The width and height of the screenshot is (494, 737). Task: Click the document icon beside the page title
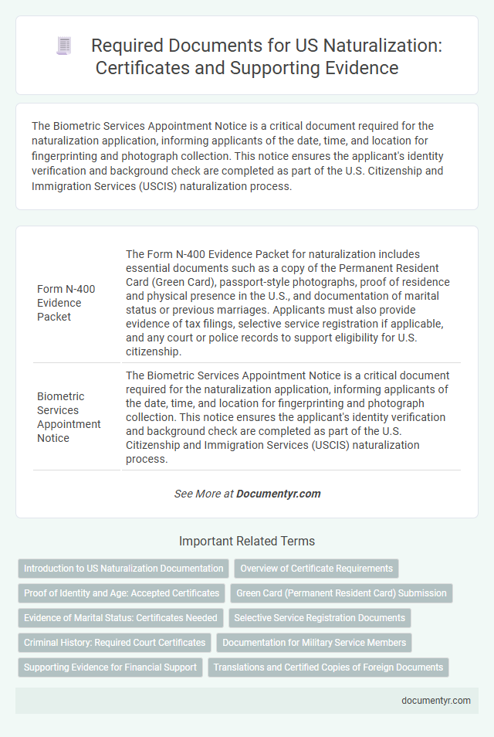click(x=63, y=46)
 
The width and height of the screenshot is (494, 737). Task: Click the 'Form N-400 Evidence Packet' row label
click(x=66, y=302)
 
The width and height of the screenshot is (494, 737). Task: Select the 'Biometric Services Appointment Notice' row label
click(x=69, y=417)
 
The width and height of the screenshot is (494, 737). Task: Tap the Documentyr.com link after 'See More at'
click(x=278, y=494)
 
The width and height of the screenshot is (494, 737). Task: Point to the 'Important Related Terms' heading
click(x=247, y=541)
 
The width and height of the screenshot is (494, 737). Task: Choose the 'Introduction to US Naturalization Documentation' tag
click(x=123, y=569)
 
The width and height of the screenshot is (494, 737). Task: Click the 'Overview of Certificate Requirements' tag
click(x=316, y=569)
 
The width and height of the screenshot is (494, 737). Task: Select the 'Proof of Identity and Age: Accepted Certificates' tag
click(x=121, y=593)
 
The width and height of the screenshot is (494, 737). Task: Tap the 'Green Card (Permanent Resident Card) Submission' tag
click(x=341, y=593)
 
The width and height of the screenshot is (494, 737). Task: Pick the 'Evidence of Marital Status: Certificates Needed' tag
click(x=120, y=618)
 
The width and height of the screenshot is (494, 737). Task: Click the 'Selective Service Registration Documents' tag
click(x=320, y=618)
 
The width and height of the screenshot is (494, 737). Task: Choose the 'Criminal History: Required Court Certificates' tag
click(x=114, y=643)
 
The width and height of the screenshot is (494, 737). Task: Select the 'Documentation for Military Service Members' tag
click(x=314, y=643)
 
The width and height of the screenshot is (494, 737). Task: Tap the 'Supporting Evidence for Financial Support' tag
click(x=110, y=667)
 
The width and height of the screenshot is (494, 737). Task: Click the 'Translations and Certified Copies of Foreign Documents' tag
click(x=328, y=667)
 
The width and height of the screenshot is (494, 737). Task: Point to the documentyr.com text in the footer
click(x=436, y=700)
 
